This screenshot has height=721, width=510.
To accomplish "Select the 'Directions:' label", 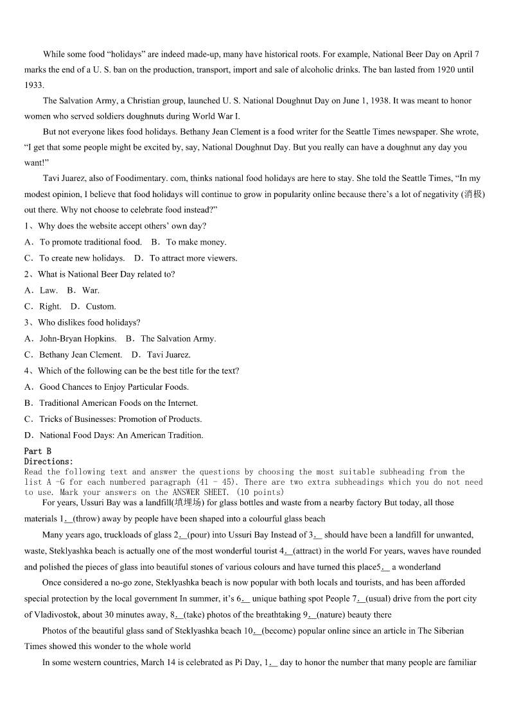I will (49, 462).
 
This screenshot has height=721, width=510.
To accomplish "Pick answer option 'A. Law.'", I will (41, 290).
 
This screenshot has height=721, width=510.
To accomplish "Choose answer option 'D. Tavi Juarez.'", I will (161, 354).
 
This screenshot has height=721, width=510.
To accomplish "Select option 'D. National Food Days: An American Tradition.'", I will (114, 435).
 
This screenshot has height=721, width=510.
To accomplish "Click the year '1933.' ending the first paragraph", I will (34, 85).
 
